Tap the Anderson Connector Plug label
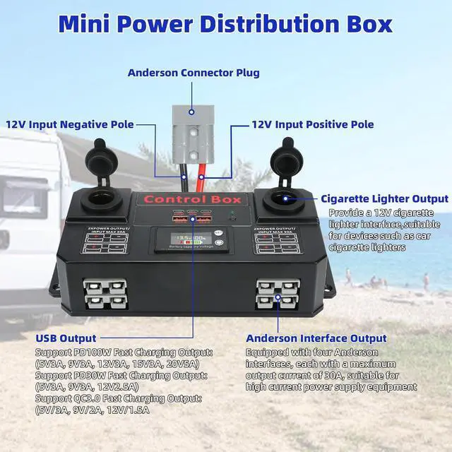pos(194,73)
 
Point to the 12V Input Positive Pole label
pos(313,124)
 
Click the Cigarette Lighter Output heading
pos(384,199)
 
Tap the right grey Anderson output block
pos(278,290)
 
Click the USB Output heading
pos(66,338)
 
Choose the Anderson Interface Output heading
pos(316,338)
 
